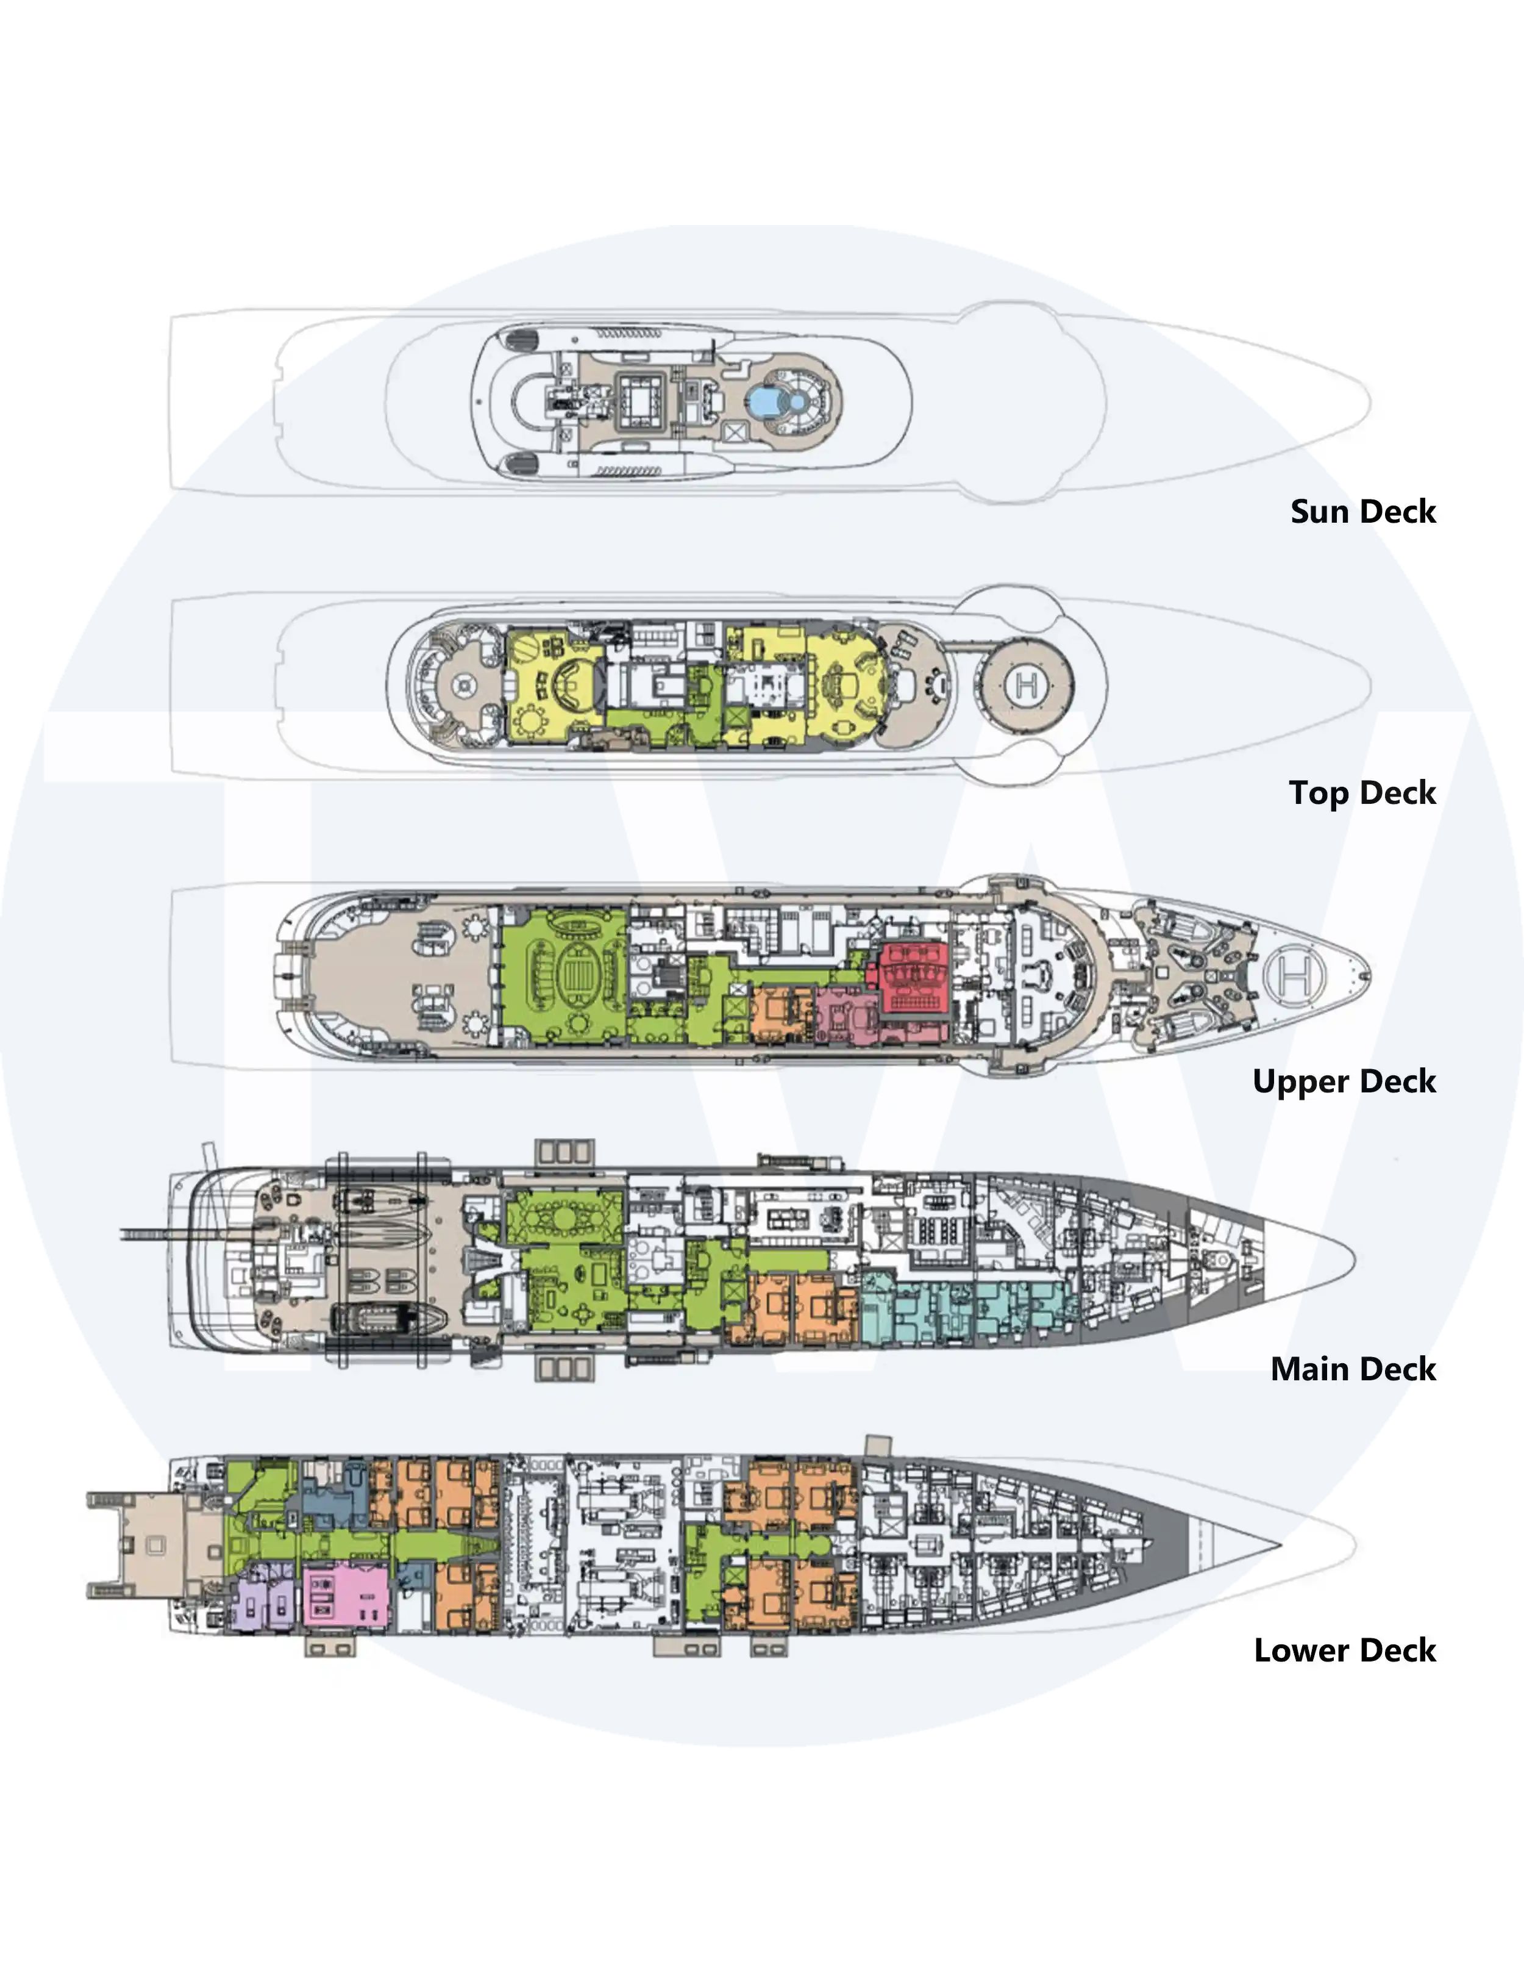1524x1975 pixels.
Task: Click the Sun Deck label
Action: click(x=1362, y=512)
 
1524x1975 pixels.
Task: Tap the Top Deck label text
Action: click(x=1362, y=793)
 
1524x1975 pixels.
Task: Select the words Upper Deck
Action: click(x=1344, y=1081)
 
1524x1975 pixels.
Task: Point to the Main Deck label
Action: click(x=1353, y=1369)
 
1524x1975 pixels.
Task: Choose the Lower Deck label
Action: click(x=1345, y=1651)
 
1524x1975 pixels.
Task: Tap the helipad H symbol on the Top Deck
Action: click(x=1026, y=686)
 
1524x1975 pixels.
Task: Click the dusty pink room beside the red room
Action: click(x=847, y=1016)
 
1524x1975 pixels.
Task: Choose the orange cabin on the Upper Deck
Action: click(x=783, y=1014)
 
